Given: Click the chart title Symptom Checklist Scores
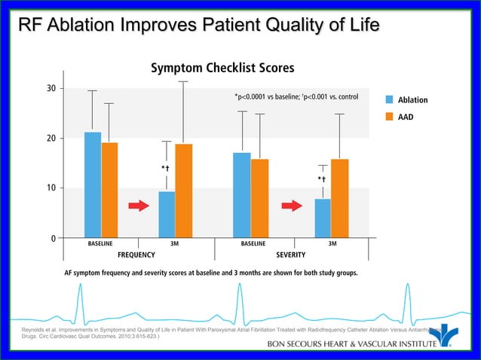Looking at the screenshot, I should [222, 68].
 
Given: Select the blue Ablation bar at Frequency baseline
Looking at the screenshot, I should [93, 185].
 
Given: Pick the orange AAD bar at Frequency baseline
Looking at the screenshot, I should [109, 190].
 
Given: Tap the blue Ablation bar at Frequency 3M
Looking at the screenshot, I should [167, 214].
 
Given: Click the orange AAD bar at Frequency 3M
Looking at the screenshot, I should [183, 190].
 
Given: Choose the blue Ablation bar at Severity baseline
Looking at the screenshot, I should [242, 195].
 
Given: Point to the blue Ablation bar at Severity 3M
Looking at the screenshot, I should [323, 218].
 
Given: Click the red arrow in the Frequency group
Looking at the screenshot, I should [139, 206].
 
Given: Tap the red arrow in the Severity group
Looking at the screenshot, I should [290, 206].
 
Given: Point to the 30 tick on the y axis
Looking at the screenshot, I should [50, 89].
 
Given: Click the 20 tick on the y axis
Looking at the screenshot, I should [50, 139].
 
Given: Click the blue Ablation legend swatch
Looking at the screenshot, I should [390, 99].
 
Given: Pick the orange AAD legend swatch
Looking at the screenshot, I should [390, 117].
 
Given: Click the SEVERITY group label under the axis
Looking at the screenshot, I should [291, 255].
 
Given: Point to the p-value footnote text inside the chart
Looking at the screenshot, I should [296, 96].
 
